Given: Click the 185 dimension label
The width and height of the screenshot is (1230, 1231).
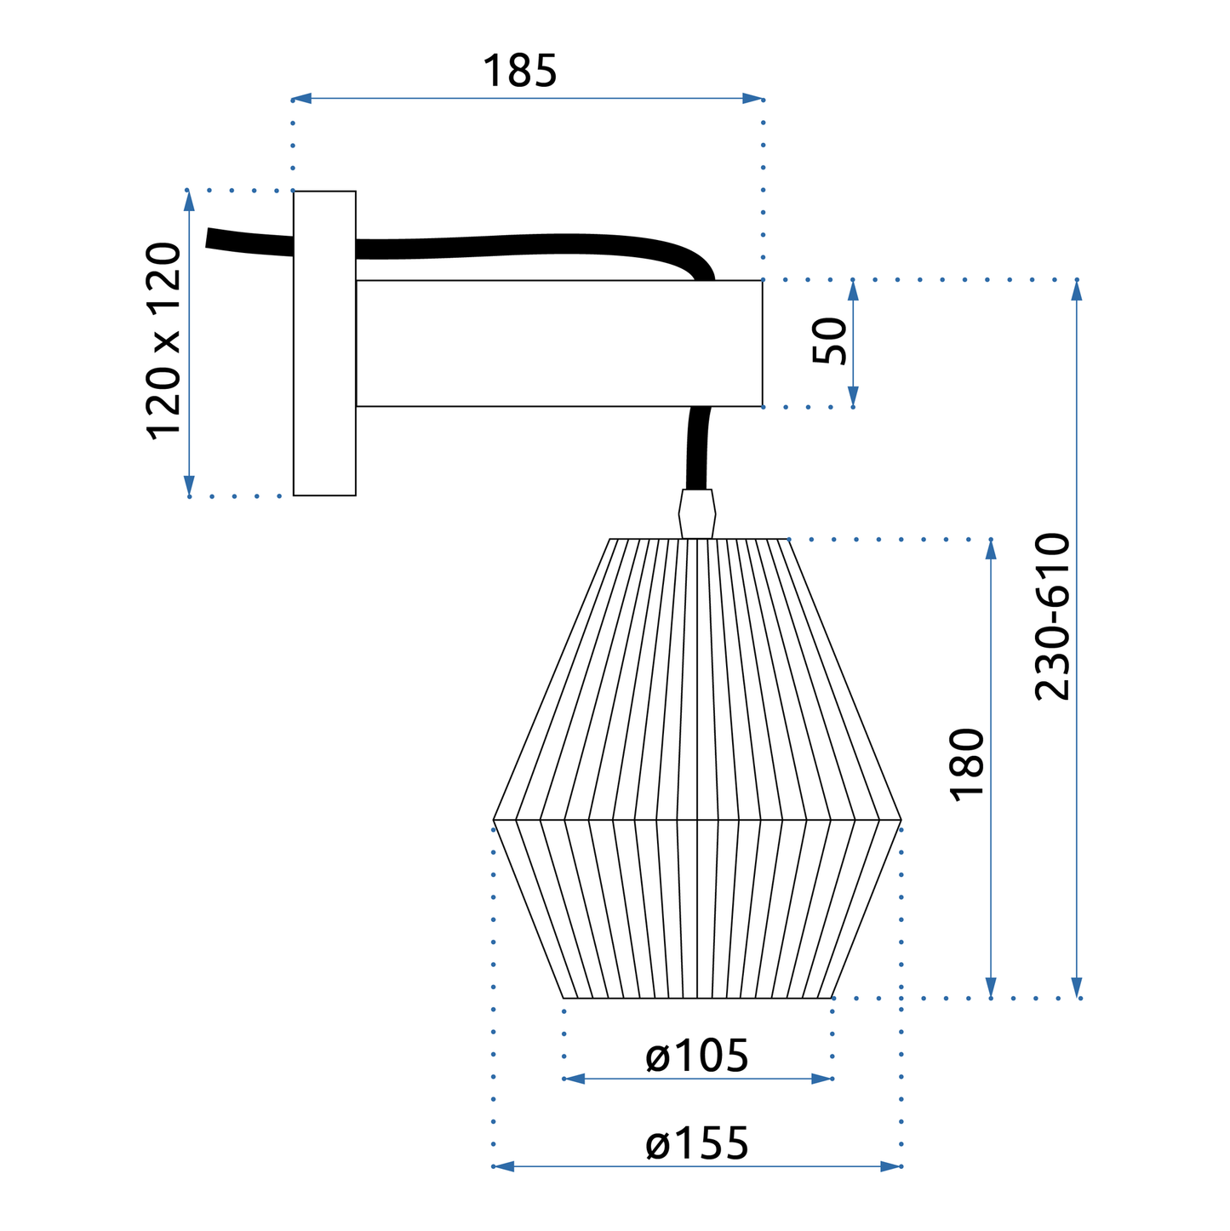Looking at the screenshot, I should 519,72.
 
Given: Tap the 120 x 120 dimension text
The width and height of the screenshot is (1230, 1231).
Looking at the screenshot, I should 164,341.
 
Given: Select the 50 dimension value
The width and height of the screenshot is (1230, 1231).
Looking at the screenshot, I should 830,341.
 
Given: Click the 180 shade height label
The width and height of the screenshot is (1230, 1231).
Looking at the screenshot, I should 968,764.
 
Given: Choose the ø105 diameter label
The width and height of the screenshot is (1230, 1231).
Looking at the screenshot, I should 697,1056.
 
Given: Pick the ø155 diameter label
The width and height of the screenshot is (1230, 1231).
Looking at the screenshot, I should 697,1143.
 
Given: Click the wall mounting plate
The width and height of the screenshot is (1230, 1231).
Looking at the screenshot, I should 324,343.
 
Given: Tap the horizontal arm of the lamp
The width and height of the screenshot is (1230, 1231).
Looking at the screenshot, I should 558,343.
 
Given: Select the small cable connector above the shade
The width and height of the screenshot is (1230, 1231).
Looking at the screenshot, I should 697,513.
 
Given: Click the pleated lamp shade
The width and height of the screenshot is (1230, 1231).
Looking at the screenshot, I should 697,792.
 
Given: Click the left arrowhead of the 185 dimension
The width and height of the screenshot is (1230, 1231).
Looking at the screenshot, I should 302,99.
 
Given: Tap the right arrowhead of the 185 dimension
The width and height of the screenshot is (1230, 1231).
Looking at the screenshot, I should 752,99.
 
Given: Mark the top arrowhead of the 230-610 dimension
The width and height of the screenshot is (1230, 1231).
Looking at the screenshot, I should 1077,290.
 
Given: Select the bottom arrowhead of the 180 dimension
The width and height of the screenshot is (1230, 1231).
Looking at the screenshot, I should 991,988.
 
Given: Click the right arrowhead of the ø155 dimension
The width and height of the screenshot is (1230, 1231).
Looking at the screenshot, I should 890,1166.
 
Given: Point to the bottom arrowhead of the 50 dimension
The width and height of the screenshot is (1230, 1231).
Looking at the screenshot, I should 853,397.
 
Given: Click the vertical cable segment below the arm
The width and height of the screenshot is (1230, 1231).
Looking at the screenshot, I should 698,447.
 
